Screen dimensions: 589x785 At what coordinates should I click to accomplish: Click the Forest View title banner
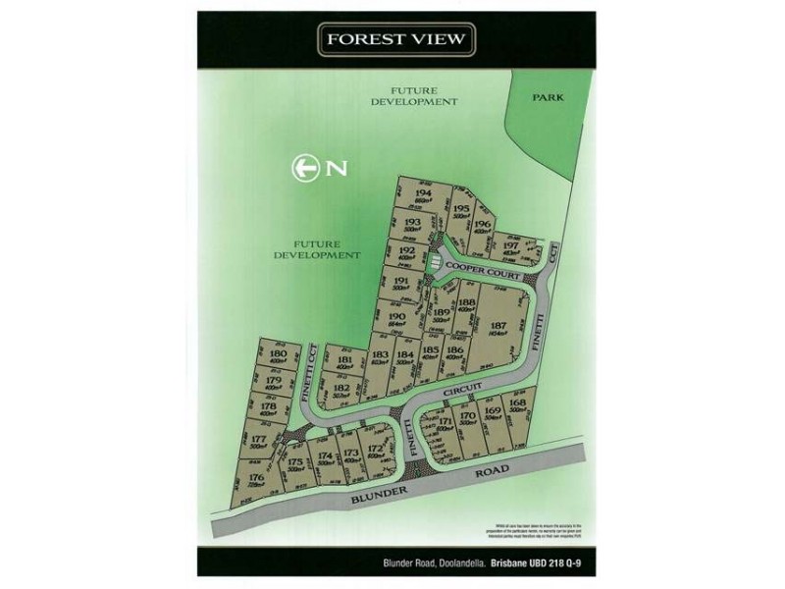[x=396, y=41]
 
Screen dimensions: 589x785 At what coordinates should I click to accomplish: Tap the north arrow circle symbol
[x=304, y=167]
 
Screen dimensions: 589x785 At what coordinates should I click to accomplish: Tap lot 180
[x=278, y=355]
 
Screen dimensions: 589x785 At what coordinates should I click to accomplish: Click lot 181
[x=343, y=362]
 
